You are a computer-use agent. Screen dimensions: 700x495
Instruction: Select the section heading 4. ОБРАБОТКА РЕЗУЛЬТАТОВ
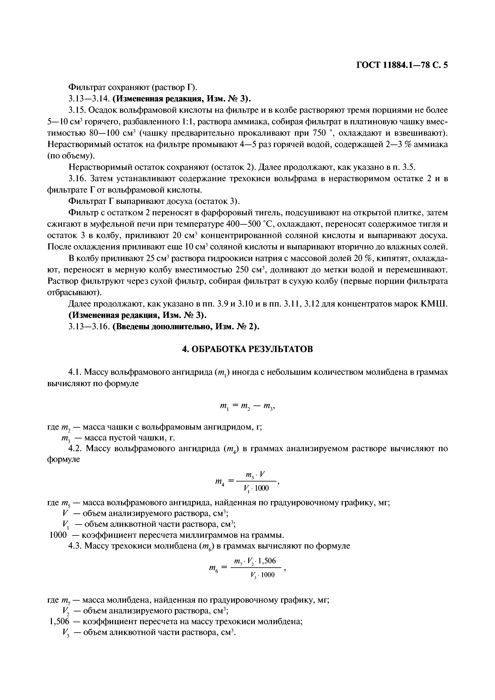pos(247,349)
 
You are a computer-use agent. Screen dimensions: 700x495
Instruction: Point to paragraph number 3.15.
pos(77,110)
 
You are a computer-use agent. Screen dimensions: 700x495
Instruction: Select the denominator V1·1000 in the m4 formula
pos(256,489)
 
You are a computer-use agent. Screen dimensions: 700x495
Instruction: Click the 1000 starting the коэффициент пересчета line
pos(58,535)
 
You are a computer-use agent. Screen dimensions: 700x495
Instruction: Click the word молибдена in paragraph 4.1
pos(374,372)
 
